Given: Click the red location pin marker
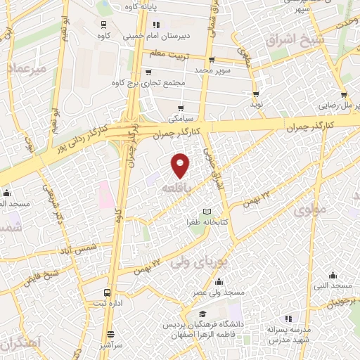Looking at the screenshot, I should [x=181, y=165].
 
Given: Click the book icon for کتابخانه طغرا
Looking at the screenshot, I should [x=207, y=212].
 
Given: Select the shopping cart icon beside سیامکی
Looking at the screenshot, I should [x=181, y=108].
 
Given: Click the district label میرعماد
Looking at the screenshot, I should [x=27, y=67].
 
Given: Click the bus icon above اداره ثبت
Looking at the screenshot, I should [x=107, y=292].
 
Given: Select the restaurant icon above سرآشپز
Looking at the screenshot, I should [x=110, y=334].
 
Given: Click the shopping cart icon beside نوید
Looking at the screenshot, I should [x=255, y=94].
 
